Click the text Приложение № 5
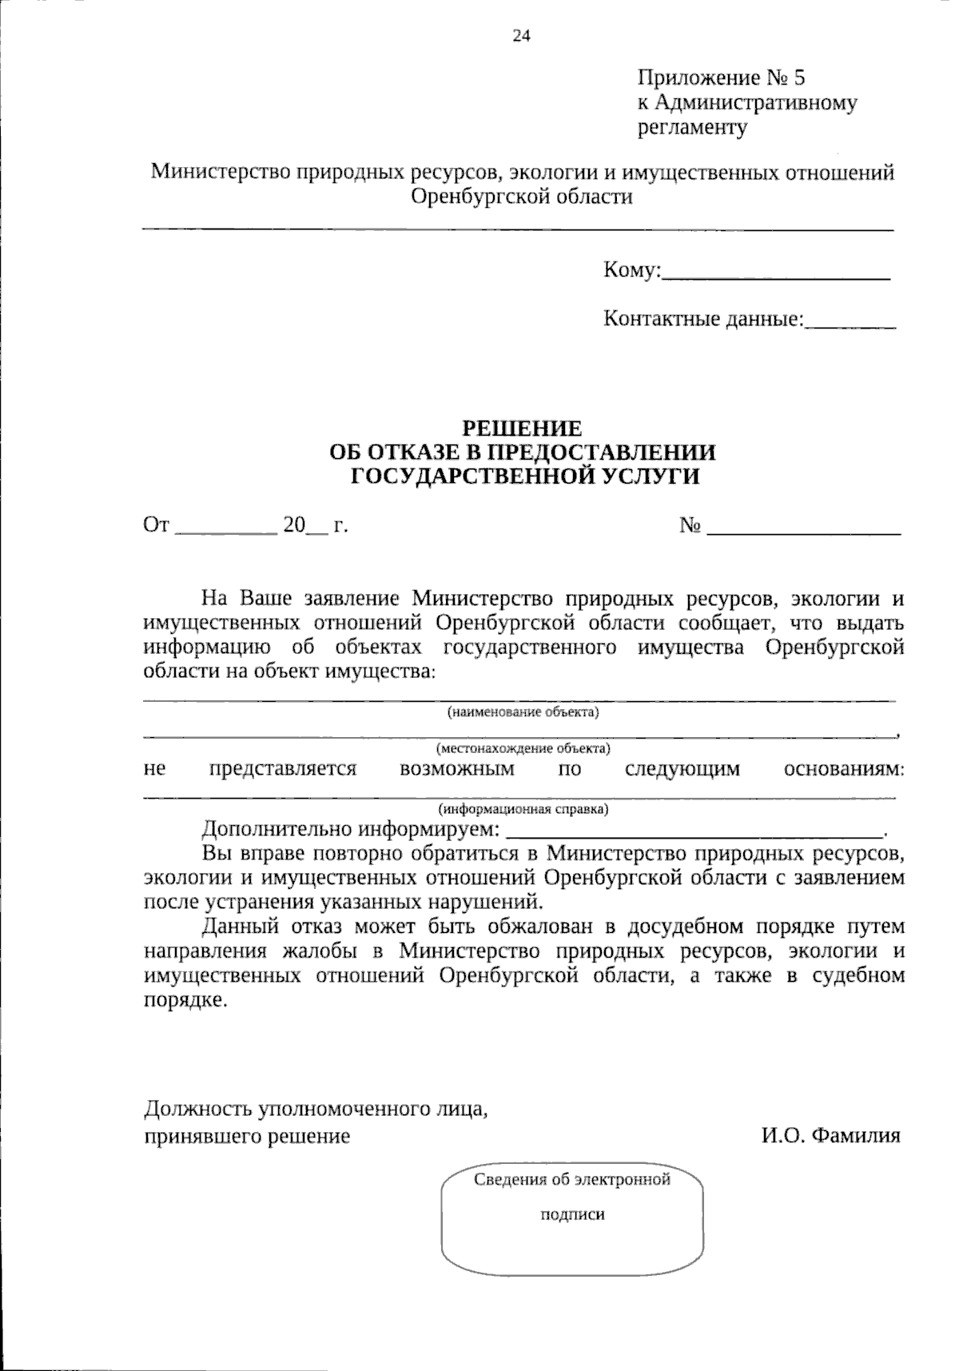click(722, 78)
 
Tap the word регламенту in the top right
click(692, 128)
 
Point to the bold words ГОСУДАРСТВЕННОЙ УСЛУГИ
click(525, 476)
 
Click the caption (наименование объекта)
click(523, 711)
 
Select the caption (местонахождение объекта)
click(523, 748)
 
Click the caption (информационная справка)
click(523, 809)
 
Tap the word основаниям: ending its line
click(844, 769)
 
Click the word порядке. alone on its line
click(185, 1001)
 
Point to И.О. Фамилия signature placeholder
click(830, 1136)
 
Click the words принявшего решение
click(247, 1136)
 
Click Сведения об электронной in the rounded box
click(572, 1179)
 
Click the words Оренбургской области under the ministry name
click(522, 197)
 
